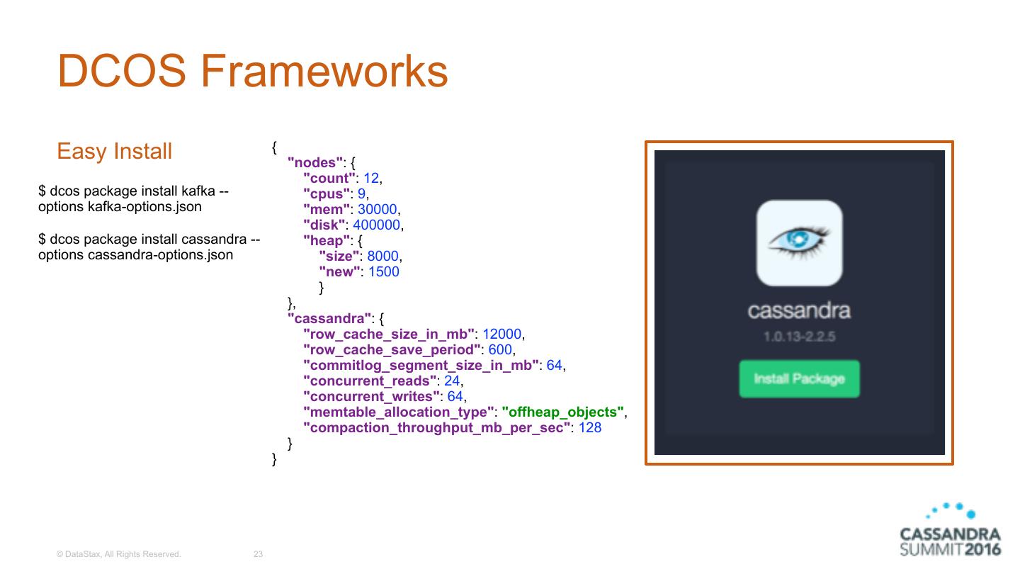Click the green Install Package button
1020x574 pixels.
(799, 378)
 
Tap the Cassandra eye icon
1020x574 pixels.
(799, 242)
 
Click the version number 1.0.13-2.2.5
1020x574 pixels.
(799, 336)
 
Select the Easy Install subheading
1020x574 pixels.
(114, 151)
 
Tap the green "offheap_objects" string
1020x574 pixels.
(563, 412)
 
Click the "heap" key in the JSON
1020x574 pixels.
(324, 240)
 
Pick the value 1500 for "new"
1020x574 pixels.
(383, 271)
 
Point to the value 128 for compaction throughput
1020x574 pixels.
(590, 427)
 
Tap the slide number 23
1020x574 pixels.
(258, 554)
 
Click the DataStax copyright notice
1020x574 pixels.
(119, 554)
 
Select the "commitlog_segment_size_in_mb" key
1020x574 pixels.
(421, 365)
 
